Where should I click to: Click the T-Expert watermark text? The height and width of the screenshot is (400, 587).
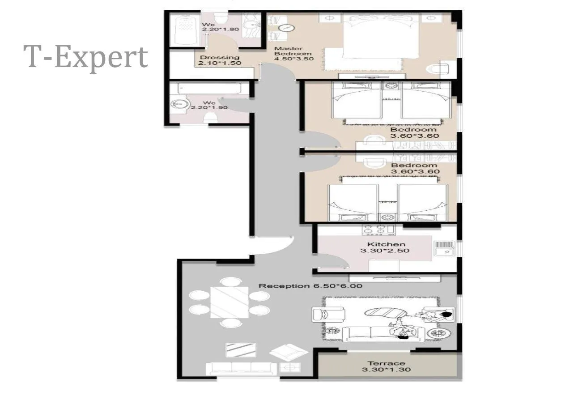pyautogui.click(x=85, y=58)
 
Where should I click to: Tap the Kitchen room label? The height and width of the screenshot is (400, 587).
pyautogui.click(x=386, y=244)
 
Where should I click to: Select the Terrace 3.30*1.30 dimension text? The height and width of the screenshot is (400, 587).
pyautogui.click(x=386, y=370)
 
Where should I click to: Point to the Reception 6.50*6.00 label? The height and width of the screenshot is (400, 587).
pyautogui.click(x=310, y=286)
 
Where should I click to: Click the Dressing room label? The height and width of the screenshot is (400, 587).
pyautogui.click(x=220, y=57)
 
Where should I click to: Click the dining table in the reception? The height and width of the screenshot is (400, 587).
pyautogui.click(x=230, y=302)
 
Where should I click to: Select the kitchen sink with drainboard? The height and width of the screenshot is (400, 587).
pyautogui.click(x=444, y=248)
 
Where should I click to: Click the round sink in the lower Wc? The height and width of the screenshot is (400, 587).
pyautogui.click(x=179, y=104)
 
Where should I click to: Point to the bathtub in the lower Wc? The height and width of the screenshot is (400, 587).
pyautogui.click(x=209, y=88)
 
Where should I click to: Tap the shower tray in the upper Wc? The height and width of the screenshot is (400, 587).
pyautogui.click(x=185, y=30)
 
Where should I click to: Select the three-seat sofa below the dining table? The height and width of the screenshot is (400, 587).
pyautogui.click(x=242, y=368)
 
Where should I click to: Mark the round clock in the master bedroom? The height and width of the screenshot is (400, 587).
pyautogui.click(x=286, y=28)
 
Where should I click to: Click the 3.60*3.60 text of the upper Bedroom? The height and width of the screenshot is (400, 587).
pyautogui.click(x=415, y=136)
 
